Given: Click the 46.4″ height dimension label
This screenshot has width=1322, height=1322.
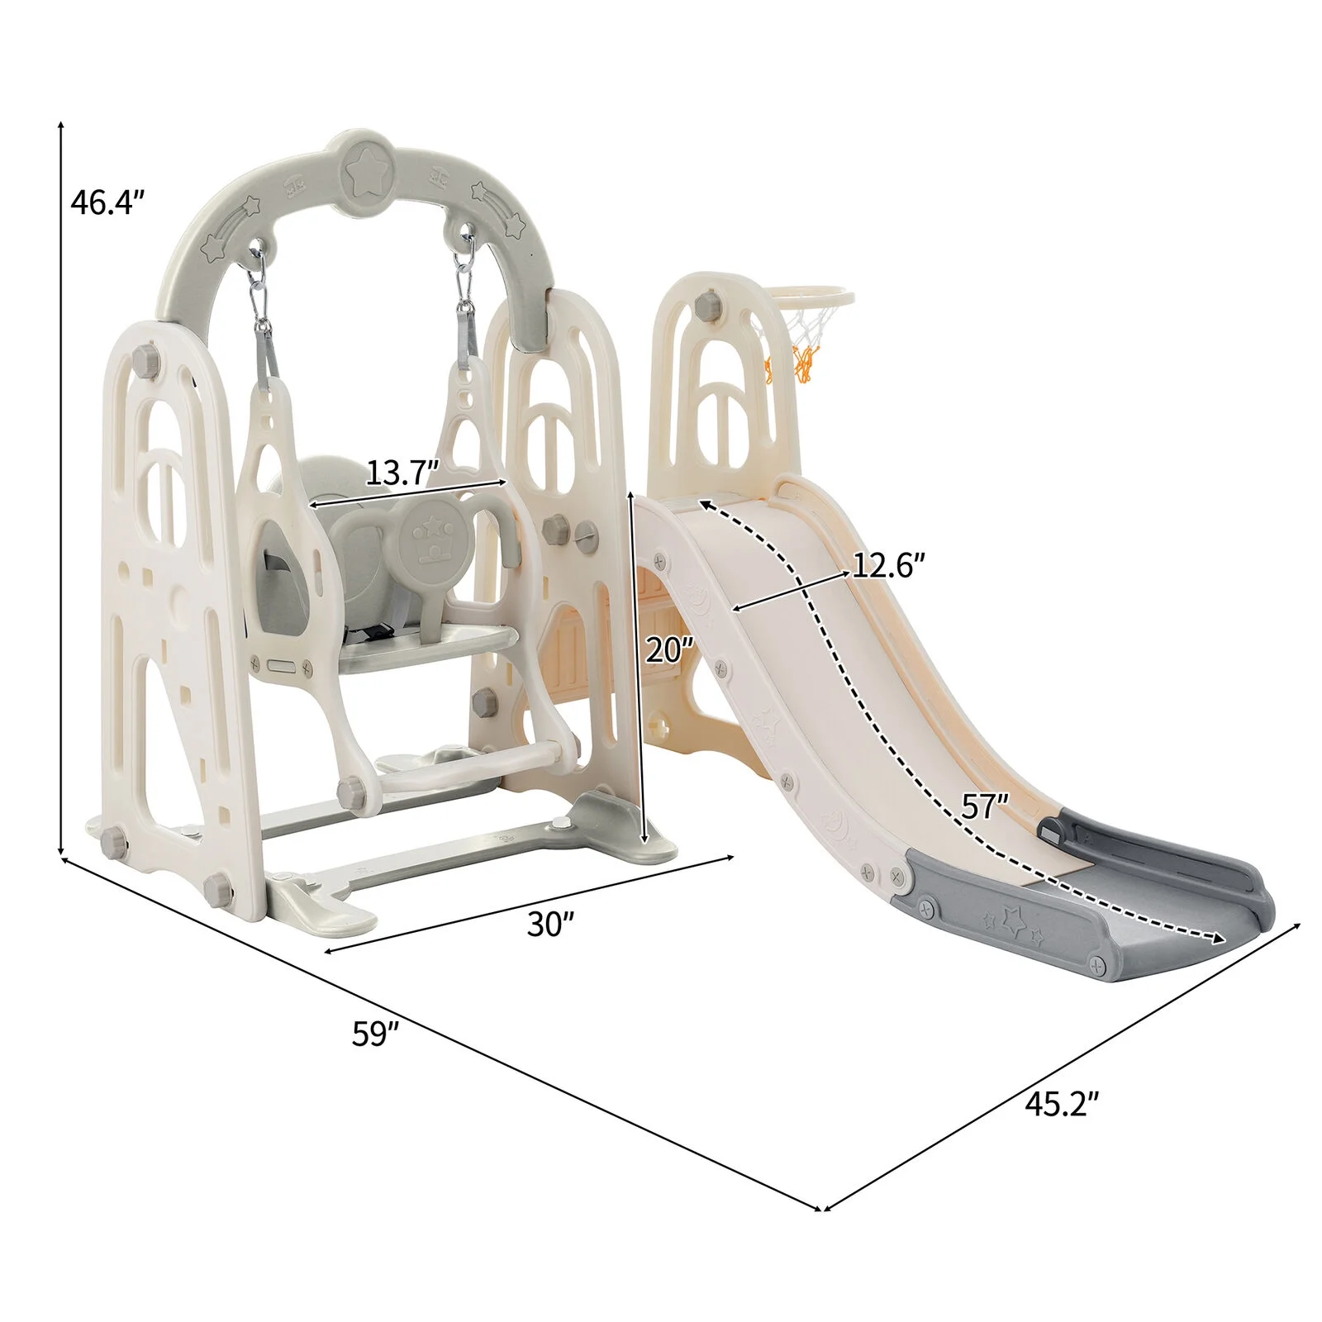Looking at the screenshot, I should tap(107, 202).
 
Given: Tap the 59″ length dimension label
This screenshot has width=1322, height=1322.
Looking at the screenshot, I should tap(375, 1034).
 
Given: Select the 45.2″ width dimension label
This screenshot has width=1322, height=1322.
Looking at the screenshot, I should tap(1062, 1104).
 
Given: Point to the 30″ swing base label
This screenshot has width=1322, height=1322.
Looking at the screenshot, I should tap(550, 925).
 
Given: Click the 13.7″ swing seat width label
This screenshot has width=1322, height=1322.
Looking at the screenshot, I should tap(401, 473).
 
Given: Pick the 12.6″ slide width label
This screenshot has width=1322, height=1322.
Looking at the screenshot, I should tap(888, 566).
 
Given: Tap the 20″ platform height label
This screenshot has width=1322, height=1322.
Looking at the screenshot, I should tap(669, 650).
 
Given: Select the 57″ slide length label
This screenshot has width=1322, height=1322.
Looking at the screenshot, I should tap(985, 806).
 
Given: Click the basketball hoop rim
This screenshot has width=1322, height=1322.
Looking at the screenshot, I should tap(809, 296).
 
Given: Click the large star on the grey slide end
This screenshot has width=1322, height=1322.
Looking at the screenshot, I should tap(1014, 918).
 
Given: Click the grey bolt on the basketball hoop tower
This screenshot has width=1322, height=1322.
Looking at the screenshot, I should tap(707, 305).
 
